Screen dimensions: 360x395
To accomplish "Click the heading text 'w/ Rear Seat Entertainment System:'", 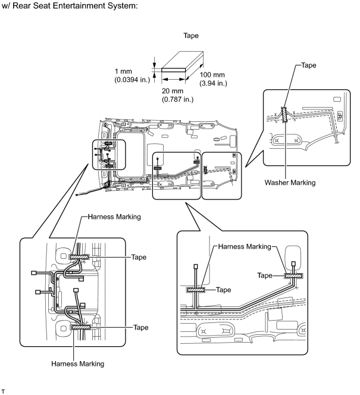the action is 70,6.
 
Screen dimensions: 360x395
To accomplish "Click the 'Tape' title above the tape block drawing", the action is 190,36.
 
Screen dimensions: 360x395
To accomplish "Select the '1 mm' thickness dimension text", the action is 123,71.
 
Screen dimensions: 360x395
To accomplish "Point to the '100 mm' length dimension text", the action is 212,75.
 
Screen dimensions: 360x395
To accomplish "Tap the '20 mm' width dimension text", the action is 173,91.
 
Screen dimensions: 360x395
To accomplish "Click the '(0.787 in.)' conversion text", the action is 177,99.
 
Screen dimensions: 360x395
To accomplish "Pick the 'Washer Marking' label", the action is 290,183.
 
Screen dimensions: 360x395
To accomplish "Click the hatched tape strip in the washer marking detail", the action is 284,115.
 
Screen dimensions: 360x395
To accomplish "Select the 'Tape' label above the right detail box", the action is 309,65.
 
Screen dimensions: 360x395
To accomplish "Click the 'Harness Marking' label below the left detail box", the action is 77,363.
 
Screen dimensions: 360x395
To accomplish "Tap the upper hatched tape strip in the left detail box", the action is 79,257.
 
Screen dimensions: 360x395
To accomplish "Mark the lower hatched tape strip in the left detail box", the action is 81,327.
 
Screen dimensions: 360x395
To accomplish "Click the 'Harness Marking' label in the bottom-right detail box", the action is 245,246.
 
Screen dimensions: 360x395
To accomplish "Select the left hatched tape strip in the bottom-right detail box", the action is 196,290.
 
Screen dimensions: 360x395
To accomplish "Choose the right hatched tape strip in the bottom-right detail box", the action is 294,276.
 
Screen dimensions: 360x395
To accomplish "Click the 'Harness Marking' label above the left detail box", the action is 114,217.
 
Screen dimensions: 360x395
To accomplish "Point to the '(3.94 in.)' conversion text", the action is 213,83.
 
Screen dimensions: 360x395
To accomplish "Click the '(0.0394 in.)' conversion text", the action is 132,80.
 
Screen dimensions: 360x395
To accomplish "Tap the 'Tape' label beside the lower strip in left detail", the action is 141,328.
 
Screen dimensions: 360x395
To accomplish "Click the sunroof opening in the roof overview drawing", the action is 130,155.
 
